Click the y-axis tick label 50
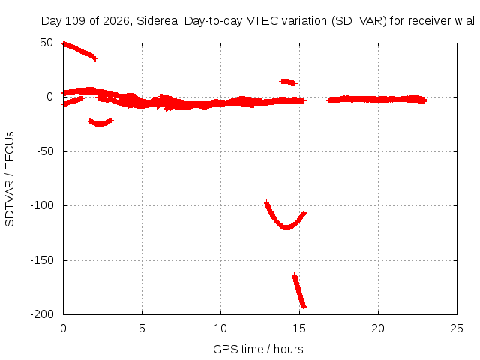tap(46, 43)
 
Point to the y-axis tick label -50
tap(45, 151)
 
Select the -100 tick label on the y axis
tap(42, 205)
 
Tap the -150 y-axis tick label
tap(42, 260)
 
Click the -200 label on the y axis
tap(42, 314)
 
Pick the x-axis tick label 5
tap(142, 328)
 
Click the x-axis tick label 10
tap(220, 328)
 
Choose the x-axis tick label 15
tap(299, 328)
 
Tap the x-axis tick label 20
tap(378, 328)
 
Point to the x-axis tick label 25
tap(457, 328)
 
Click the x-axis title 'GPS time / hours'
tap(258, 349)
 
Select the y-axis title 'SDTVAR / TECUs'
tap(10, 179)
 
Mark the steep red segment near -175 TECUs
tap(299, 291)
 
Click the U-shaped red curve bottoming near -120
tap(286, 226)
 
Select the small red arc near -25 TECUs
tap(100, 124)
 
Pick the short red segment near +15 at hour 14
tap(288, 82)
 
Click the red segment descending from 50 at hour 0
tap(79, 50)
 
